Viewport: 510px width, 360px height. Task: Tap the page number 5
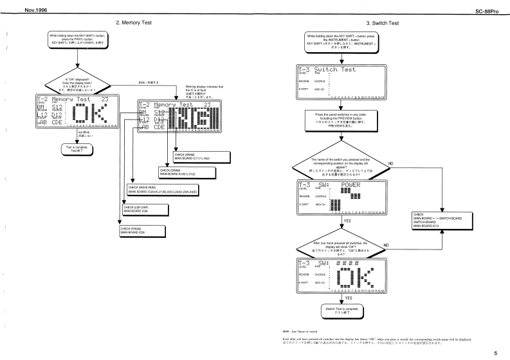pyautogui.click(x=495, y=353)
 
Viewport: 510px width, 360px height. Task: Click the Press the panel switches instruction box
pyautogui.click(x=342, y=120)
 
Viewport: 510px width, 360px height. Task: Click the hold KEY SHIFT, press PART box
pyautogui.click(x=77, y=39)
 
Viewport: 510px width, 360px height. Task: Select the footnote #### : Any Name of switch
pyautogui.click(x=307, y=328)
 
